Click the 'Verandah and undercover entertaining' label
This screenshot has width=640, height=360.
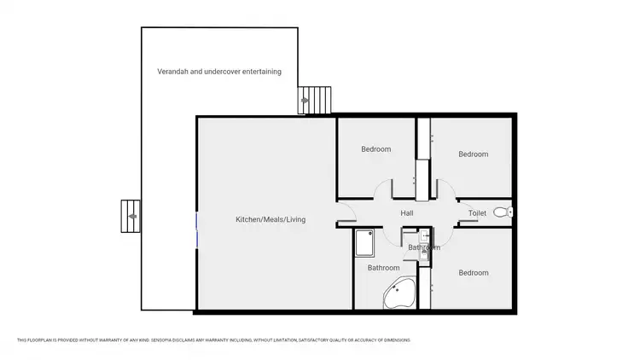pyautogui.click(x=219, y=72)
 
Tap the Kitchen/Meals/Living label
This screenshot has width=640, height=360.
pyautogui.click(x=271, y=220)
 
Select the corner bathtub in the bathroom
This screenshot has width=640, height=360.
pyautogui.click(x=399, y=293)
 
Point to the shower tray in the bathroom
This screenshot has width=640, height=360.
pyautogui.click(x=364, y=243)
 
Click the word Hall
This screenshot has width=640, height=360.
pyautogui.click(x=407, y=213)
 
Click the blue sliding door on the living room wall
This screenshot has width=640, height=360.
pyautogui.click(x=197, y=230)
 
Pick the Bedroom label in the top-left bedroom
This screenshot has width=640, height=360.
pyautogui.click(x=375, y=149)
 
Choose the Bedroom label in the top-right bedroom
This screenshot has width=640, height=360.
pyautogui.click(x=473, y=154)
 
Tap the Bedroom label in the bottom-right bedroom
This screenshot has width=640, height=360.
pyautogui.click(x=473, y=273)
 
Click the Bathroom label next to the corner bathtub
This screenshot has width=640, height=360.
pyautogui.click(x=383, y=268)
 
